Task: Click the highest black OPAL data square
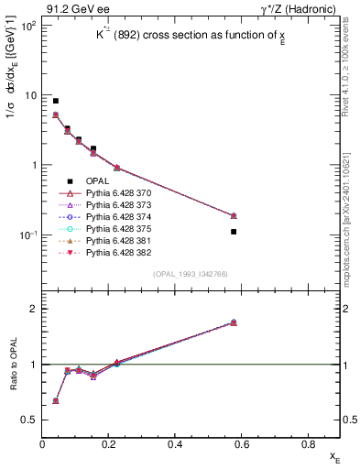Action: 56,101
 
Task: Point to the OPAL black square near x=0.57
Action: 234,232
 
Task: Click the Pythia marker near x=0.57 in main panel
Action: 234,216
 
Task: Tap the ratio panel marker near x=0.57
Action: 234,322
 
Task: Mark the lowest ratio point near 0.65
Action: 56,401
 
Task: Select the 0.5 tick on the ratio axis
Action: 29,420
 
